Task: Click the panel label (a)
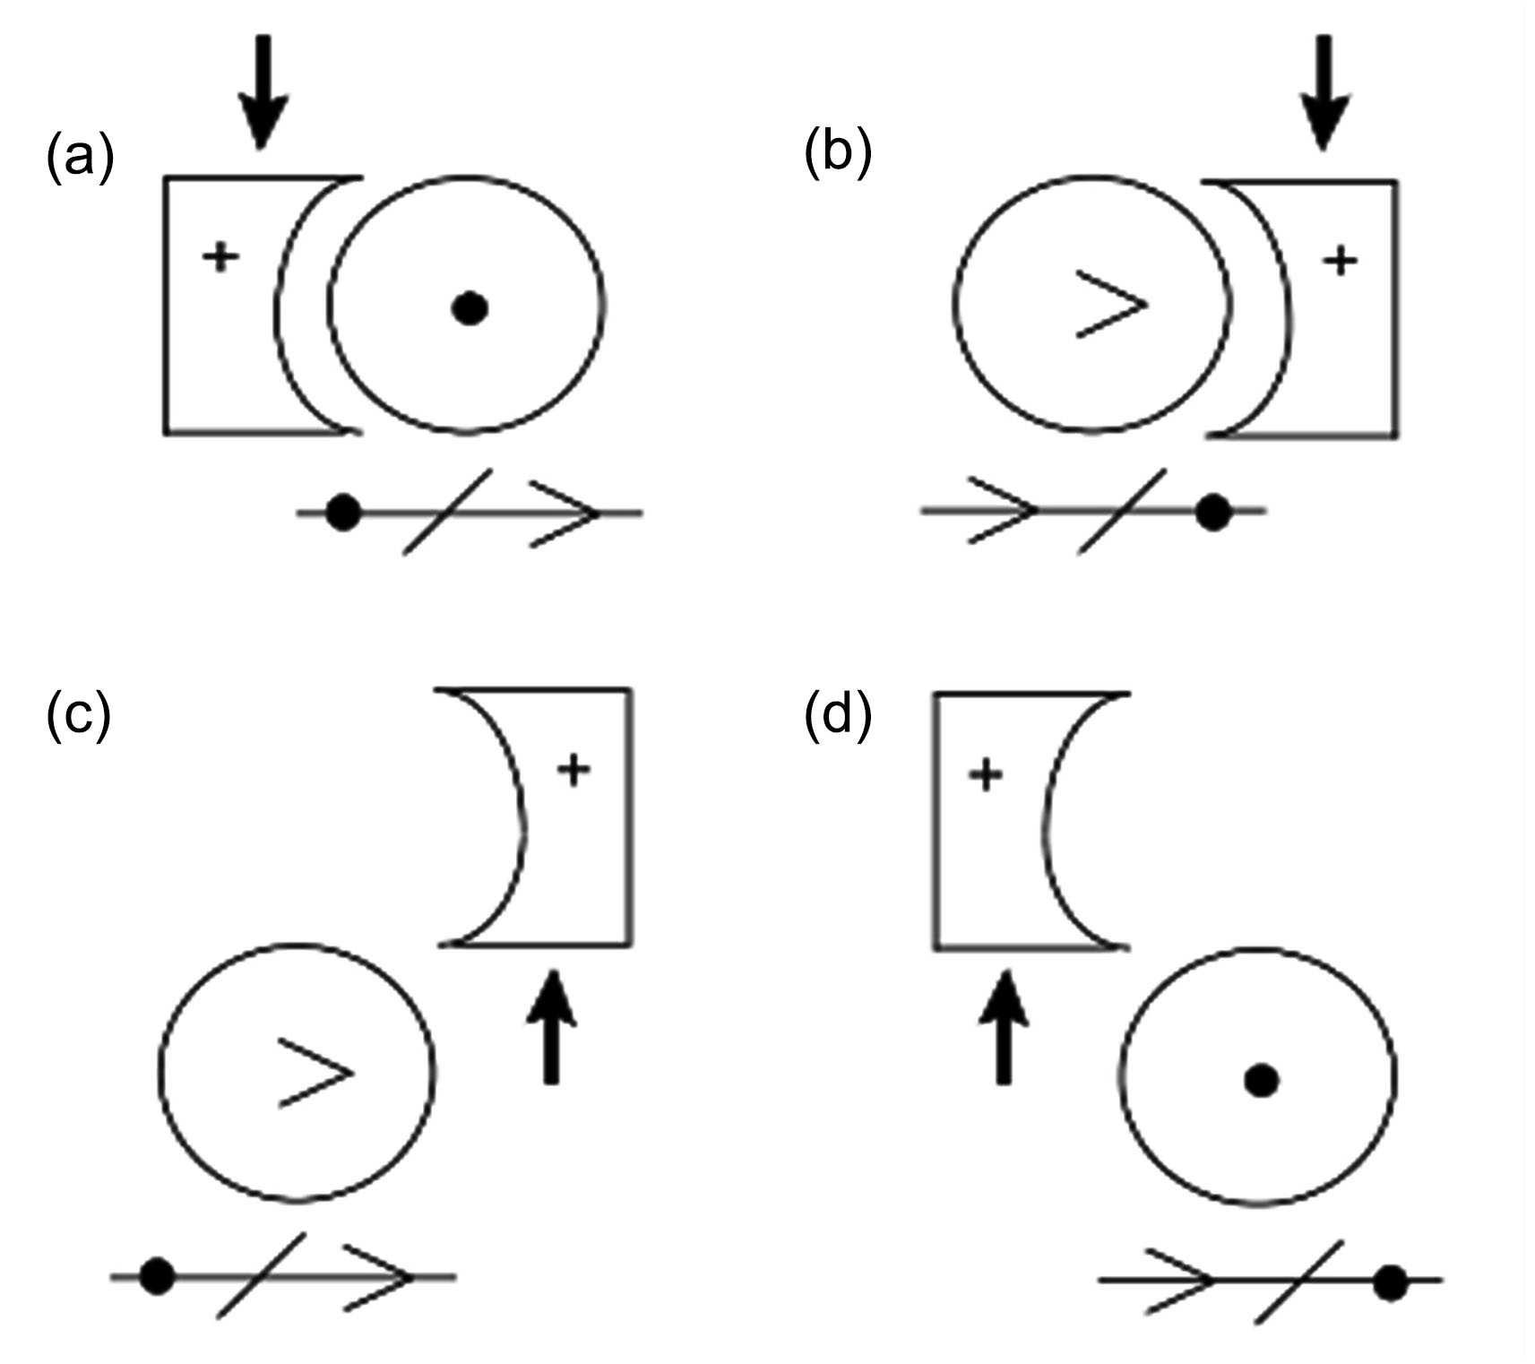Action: point(80,160)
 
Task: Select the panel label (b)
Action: point(838,154)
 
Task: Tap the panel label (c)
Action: point(79,715)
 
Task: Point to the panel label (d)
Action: point(838,715)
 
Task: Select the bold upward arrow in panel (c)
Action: point(551,1028)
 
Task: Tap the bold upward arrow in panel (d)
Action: point(1004,1028)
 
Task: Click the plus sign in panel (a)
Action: point(220,258)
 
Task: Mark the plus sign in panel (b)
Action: point(1341,261)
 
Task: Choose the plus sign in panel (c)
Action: point(573,769)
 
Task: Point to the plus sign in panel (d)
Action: point(986,775)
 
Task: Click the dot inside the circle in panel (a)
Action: point(469,308)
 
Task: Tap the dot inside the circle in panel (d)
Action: point(1261,1081)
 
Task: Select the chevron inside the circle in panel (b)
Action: point(1111,305)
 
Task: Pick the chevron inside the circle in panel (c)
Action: point(315,1073)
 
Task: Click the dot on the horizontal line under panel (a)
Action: point(342,514)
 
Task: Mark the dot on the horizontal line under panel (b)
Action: point(1213,512)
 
